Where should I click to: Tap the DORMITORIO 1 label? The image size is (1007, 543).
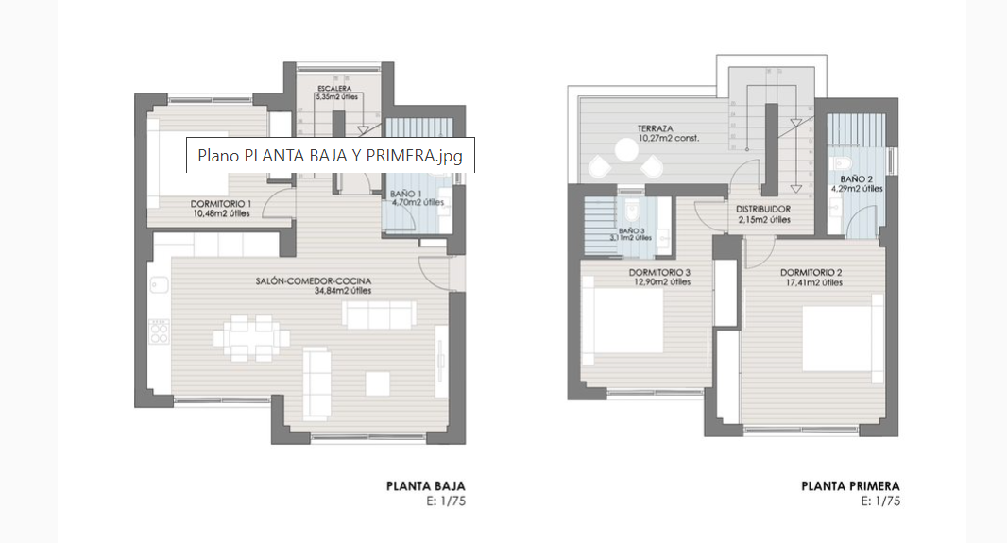click(x=221, y=203)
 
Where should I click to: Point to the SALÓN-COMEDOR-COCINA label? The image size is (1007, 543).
click(x=313, y=281)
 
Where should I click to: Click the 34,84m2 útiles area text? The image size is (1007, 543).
click(x=343, y=291)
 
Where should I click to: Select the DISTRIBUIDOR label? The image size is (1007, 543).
click(x=762, y=210)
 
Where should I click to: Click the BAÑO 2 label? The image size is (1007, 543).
click(x=856, y=178)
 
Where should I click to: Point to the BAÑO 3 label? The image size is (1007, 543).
click(x=632, y=230)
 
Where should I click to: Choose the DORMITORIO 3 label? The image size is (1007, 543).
click(x=659, y=273)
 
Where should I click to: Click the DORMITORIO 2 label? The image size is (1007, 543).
click(x=811, y=273)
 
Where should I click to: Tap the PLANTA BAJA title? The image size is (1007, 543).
click(x=426, y=486)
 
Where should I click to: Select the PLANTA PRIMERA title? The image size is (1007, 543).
click(x=850, y=486)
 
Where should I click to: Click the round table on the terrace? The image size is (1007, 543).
click(x=625, y=149)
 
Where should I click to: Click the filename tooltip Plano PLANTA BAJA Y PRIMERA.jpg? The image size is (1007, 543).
click(x=330, y=156)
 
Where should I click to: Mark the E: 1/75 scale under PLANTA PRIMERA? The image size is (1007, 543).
click(x=880, y=501)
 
